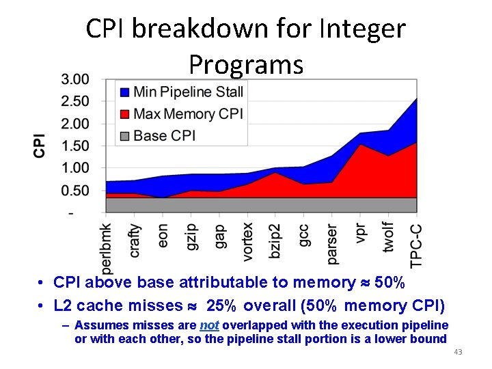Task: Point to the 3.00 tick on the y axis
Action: [x=74, y=79]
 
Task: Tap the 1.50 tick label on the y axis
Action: [x=74, y=146]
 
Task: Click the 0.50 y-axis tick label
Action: [x=74, y=191]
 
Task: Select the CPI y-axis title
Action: [x=40, y=145]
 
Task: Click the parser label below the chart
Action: [x=332, y=243]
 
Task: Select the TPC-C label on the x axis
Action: [x=416, y=245]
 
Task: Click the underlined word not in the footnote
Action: [x=209, y=325]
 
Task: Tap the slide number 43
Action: [x=458, y=352]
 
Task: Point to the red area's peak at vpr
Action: [x=360, y=145]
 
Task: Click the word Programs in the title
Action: [x=245, y=64]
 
